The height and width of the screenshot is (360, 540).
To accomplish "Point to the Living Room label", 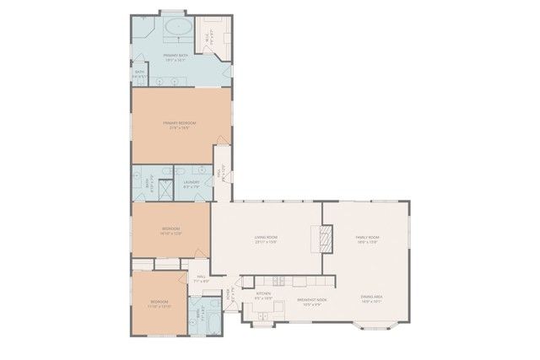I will (x=266, y=239).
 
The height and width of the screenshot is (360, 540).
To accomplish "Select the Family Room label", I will (x=367, y=239).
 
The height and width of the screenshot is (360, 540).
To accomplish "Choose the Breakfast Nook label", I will (x=311, y=302).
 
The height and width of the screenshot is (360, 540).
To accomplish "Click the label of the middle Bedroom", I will (x=170, y=231).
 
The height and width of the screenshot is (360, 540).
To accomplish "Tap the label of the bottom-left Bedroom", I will (x=159, y=303).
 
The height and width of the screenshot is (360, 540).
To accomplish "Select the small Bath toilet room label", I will (x=139, y=73).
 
